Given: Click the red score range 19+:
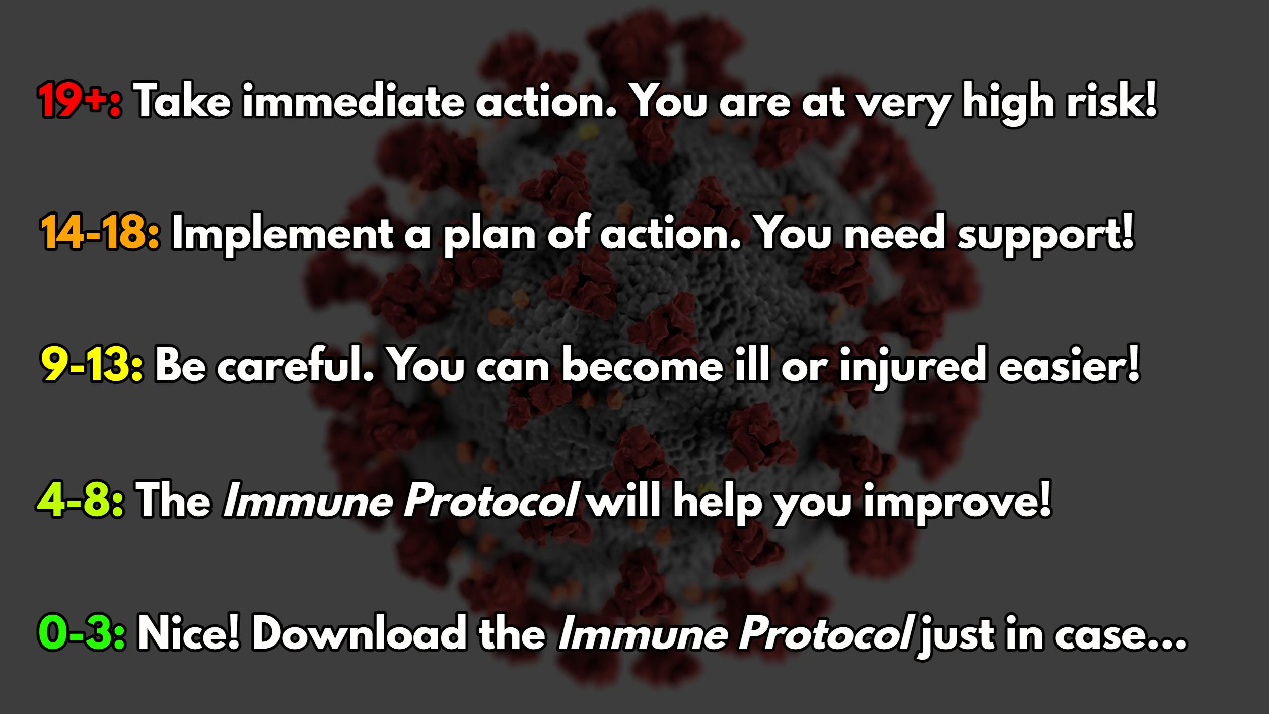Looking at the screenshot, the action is [79, 101].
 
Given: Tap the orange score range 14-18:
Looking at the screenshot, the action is [101, 234].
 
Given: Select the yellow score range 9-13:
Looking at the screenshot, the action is [92, 367].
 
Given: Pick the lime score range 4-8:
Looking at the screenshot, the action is [80, 501].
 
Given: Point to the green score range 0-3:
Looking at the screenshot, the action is [81, 633].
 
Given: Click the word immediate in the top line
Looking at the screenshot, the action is [352, 101].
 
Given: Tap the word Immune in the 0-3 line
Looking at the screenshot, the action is [642, 633].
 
